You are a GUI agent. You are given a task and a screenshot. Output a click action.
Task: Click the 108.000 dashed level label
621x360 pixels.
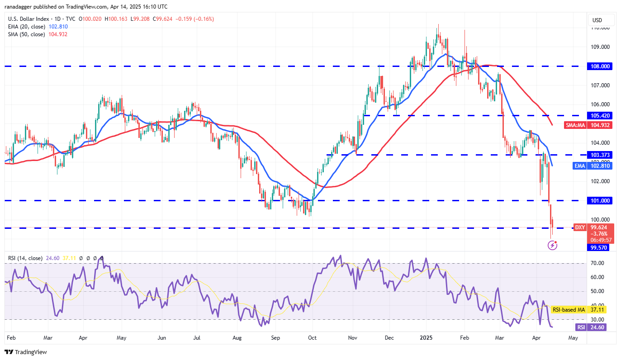pyautogui.click(x=600, y=66)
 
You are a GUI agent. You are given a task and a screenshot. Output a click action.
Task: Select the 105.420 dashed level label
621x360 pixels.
pyautogui.click(x=600, y=115)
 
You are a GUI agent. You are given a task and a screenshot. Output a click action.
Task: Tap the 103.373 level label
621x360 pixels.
pyautogui.click(x=600, y=155)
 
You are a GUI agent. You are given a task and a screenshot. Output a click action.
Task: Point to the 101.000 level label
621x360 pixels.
pyautogui.click(x=600, y=200)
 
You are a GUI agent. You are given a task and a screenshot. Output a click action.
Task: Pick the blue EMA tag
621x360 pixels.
pyautogui.click(x=580, y=166)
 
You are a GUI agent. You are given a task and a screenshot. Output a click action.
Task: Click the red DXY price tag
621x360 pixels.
pyautogui.click(x=580, y=227)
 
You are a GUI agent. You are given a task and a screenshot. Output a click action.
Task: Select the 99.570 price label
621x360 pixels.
pyautogui.click(x=600, y=248)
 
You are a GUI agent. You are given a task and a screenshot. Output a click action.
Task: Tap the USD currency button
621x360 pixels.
pyautogui.click(x=597, y=20)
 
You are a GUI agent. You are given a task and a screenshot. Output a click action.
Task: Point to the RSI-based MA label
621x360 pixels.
pyautogui.click(x=569, y=309)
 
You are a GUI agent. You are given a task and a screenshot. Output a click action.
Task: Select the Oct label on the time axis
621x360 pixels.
pyautogui.click(x=312, y=338)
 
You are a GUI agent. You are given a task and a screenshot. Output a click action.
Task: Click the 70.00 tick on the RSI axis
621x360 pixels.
pyautogui.click(x=597, y=263)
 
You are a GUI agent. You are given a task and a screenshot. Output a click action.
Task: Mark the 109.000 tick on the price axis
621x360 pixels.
pyautogui.click(x=600, y=47)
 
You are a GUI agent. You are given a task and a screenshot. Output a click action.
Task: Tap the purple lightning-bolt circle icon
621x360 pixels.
pyautogui.click(x=552, y=245)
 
